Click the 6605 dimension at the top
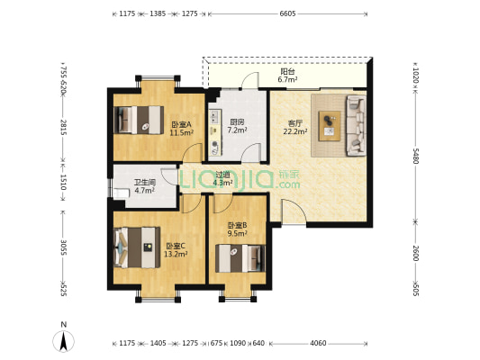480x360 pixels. (287, 13)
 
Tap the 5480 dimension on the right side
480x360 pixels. (415, 156)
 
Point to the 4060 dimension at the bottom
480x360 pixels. (318, 343)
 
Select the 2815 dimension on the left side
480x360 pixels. (63, 127)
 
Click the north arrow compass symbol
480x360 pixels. (64, 338)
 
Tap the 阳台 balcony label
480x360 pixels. (287, 72)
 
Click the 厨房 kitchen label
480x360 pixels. (237, 122)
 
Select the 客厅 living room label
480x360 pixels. (295, 123)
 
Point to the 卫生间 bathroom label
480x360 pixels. (144, 183)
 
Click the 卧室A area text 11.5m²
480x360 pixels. (182, 132)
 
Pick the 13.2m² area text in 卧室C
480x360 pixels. (176, 254)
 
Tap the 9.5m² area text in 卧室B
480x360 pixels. (237, 234)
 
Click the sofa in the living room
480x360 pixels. (356, 125)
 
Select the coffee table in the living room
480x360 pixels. (330, 126)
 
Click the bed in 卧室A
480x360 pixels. (139, 120)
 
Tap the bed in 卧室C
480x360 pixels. (137, 247)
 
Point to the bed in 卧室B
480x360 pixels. (240, 258)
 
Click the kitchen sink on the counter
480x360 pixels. (214, 117)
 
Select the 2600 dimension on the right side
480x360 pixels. (415, 253)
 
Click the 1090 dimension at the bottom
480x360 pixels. (238, 343)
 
